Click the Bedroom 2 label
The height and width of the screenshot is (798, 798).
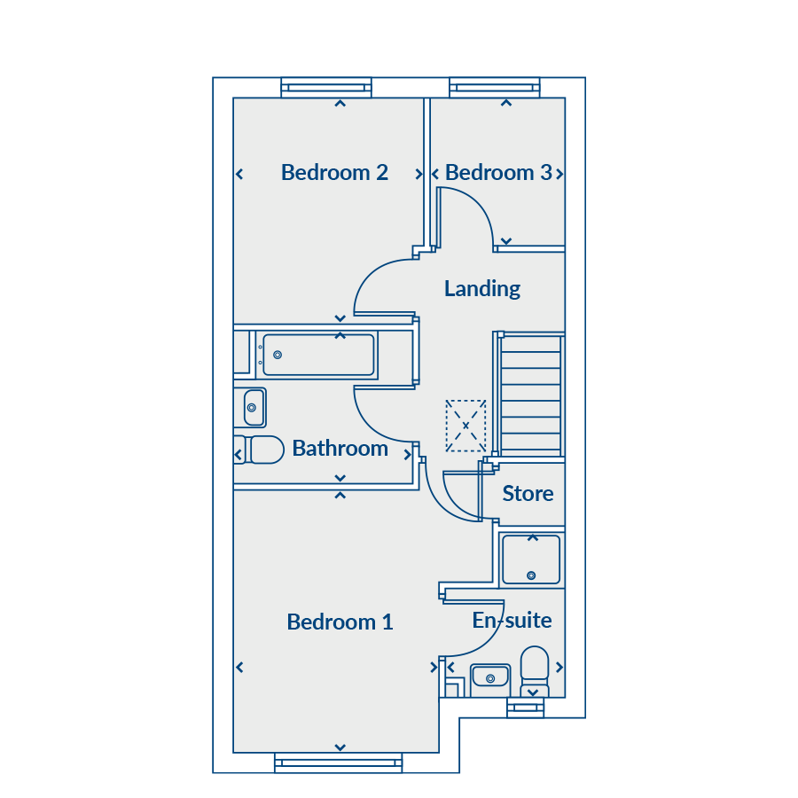tap(334, 173)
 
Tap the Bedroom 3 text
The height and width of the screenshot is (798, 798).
tap(498, 173)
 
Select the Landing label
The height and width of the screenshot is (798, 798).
tap(482, 288)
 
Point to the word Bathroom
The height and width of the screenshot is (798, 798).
tap(340, 449)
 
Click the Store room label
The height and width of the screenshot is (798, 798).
tap(528, 494)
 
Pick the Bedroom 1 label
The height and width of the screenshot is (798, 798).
tap(340, 622)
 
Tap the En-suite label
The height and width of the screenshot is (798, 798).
tap(512, 621)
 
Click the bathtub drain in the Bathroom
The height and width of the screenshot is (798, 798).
tap(278, 355)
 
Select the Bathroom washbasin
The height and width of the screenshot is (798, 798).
tap(254, 408)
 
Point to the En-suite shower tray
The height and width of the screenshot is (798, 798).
tap(531, 559)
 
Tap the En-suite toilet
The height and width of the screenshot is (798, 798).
tap(535, 672)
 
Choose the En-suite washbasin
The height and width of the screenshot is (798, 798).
tap(490, 678)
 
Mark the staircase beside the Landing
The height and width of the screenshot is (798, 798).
tap(531, 395)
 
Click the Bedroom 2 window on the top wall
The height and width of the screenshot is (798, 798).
tap(326, 88)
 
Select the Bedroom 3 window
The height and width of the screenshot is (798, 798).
tap(494, 88)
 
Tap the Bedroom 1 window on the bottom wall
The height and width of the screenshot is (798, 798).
tap(339, 763)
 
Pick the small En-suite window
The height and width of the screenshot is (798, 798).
tap(525, 708)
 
